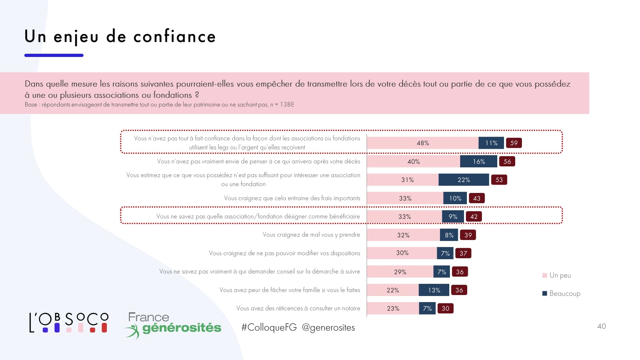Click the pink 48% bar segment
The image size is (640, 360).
click(422, 143)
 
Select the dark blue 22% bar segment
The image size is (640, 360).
click(463, 180)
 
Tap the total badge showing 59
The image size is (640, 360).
click(514, 143)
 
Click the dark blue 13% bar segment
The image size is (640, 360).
click(434, 290)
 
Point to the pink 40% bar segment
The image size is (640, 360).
click(413, 162)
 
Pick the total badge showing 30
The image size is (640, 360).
click(445, 308)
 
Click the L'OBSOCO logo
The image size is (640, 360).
click(69, 323)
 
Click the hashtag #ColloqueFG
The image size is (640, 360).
click(269, 327)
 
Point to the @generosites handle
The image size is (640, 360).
click(328, 327)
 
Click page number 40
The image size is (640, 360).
click(601, 326)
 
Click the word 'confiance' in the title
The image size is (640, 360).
click(174, 36)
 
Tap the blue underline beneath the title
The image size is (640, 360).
click(54, 55)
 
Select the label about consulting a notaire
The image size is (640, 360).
click(298, 308)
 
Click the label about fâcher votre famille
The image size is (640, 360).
click(290, 290)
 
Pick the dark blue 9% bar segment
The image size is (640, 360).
click(453, 217)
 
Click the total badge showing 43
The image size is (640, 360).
click(476, 198)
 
